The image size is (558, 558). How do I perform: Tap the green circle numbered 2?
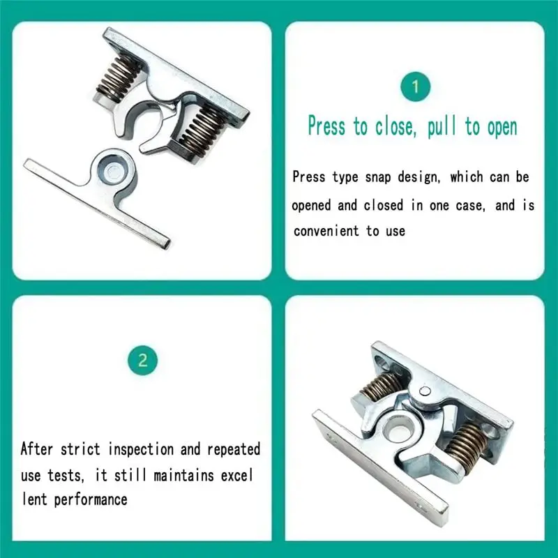tap(143, 360)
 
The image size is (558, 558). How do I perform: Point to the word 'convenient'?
tap(326, 230)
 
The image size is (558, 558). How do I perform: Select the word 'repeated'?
tap(232, 448)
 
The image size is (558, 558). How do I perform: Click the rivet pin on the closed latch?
tap(427, 393)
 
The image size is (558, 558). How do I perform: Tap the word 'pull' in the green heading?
tap(443, 126)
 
